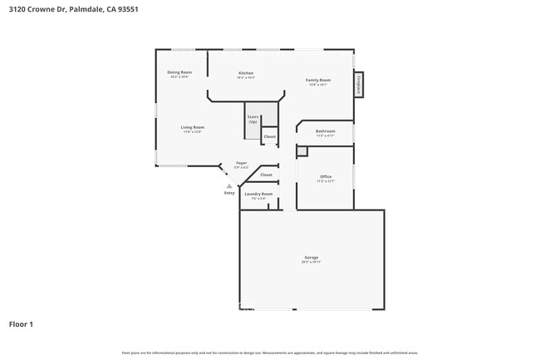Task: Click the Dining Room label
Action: [180, 73]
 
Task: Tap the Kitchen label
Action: [245, 73]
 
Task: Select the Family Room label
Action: [319, 81]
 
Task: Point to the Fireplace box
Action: [359, 84]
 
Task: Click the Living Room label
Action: [193, 128]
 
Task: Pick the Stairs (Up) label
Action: [253, 120]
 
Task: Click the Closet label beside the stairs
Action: [270, 136]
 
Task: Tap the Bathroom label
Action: [325, 131]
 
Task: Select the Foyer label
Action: [241, 164]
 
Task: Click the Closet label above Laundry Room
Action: [266, 175]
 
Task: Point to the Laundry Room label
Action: [258, 195]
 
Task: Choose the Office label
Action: [325, 177]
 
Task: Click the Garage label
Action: [312, 258]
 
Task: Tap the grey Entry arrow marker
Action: [229, 185]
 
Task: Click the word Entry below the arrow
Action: [229, 193]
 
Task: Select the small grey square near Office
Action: [302, 151]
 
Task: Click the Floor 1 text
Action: [21, 323]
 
